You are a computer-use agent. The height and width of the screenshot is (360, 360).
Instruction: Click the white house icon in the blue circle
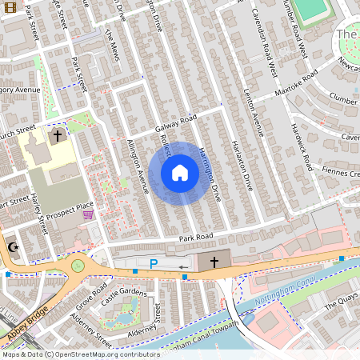180,172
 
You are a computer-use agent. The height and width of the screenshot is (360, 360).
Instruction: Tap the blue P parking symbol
153,263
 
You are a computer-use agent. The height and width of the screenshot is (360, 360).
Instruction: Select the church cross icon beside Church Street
58,137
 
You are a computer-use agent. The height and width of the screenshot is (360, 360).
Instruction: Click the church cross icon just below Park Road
214,262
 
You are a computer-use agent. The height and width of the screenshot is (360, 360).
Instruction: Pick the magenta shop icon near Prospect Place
88,214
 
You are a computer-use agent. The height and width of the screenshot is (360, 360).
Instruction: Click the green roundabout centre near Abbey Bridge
78,266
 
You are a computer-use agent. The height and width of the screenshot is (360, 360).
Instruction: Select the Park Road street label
195,238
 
